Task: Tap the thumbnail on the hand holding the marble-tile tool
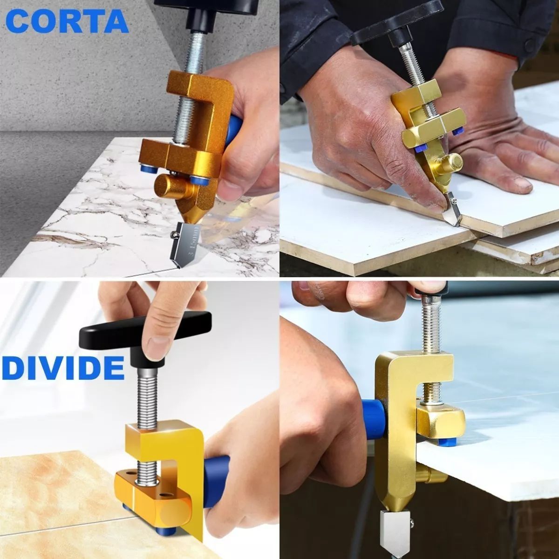229,189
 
